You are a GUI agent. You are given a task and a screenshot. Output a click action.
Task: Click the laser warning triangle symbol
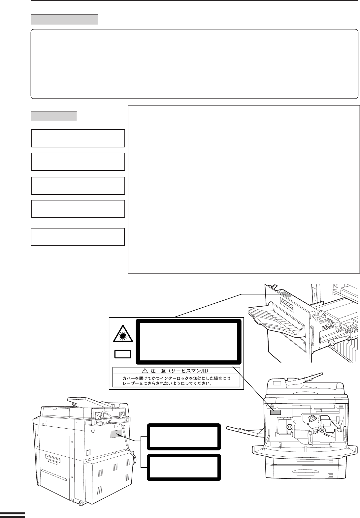point(123,334)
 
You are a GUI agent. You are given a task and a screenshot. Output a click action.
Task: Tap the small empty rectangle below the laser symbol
point(123,354)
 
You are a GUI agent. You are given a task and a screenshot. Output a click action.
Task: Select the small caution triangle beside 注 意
point(145,371)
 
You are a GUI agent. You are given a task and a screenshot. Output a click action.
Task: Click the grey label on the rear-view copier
point(116,435)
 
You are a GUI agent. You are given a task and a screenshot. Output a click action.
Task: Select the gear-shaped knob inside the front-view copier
point(289,426)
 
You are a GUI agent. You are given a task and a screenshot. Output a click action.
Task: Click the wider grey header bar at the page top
point(64,19)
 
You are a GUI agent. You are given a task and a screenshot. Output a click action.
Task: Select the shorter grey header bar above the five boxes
point(54,116)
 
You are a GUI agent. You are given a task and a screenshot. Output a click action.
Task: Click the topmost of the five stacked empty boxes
point(78,138)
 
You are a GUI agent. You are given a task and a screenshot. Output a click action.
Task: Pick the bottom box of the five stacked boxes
point(78,237)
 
